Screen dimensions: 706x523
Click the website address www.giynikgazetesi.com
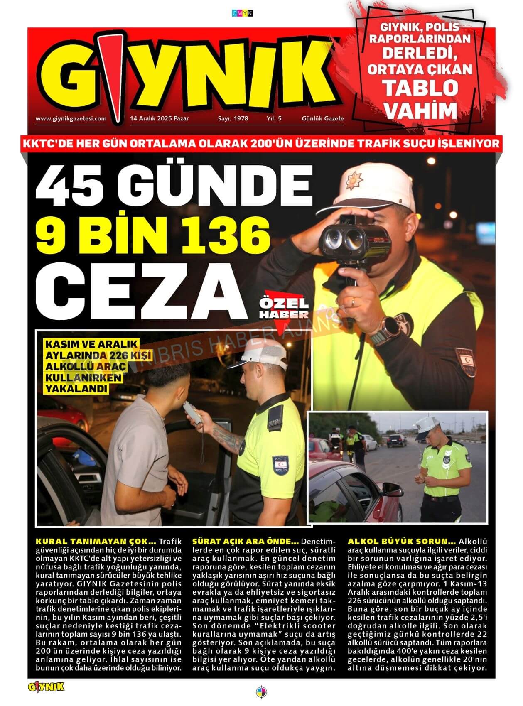[71, 118]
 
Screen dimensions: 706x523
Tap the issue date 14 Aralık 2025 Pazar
[159, 118]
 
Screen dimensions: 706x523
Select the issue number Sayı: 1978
[233, 118]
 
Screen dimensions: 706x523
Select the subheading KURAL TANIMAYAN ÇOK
[96, 542]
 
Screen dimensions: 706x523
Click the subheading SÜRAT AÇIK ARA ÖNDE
[246, 542]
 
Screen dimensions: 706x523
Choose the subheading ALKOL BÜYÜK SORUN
[401, 542]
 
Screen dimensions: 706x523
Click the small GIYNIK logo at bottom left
[46, 687]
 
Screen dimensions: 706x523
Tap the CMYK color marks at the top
[242, 13]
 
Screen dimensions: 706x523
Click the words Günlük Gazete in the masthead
[323, 118]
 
